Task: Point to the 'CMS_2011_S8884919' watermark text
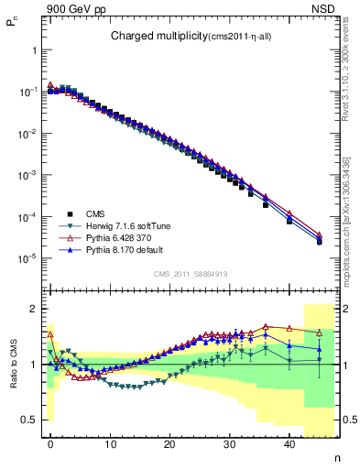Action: [x=189, y=273]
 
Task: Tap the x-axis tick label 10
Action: [x=110, y=444]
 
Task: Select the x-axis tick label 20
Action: [x=169, y=444]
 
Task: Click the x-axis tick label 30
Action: [x=230, y=444]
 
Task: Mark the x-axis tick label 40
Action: [x=289, y=444]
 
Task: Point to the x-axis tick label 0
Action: [x=50, y=444]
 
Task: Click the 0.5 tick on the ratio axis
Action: [x=30, y=420]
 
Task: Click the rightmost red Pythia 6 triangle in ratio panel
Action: [x=319, y=333]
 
